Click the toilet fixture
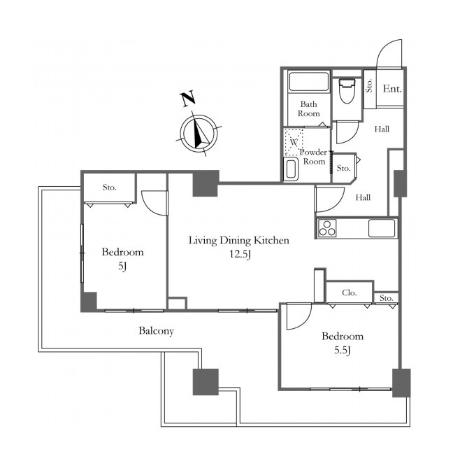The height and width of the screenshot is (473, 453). point(346,91)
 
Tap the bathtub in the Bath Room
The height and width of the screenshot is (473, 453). point(308,81)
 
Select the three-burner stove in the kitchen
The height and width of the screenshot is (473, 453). point(327,227)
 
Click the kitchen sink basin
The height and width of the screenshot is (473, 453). point(381,228)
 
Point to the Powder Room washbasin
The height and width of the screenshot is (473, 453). point(291,169)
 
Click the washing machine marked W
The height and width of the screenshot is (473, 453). point(294,142)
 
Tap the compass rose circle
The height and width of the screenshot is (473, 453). point(199,133)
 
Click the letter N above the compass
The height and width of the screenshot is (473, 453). point(188,99)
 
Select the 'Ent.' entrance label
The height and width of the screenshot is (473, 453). point(392,89)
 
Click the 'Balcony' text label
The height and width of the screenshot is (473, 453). point(156,331)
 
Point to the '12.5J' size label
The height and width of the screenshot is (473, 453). point(240,254)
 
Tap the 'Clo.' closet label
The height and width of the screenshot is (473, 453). point(350,292)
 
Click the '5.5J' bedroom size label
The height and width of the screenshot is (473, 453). point(343,351)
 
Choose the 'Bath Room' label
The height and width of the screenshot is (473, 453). point(308,109)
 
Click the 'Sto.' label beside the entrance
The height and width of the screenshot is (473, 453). point(369,85)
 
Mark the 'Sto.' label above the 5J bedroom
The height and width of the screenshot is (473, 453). point(109,188)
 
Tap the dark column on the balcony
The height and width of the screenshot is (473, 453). point(206,381)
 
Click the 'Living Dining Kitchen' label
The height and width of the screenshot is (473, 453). point(238,241)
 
